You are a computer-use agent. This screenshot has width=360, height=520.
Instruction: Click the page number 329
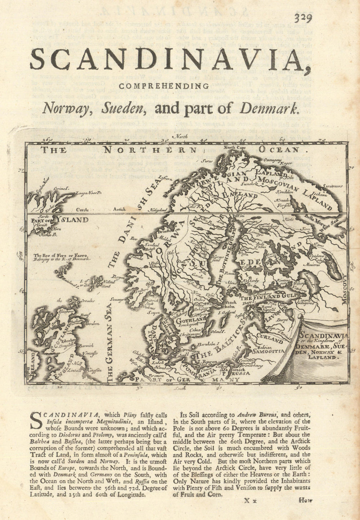304,18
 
